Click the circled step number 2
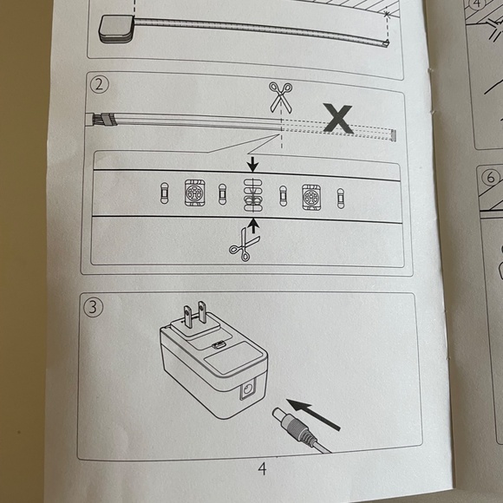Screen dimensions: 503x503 (x=99, y=84)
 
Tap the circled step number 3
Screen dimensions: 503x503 (x=93, y=307)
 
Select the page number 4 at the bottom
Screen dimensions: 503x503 (x=262, y=468)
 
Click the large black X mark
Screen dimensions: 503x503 (x=338, y=118)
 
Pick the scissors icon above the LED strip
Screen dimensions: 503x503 (x=281, y=97)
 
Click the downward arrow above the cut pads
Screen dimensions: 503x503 (x=253, y=164)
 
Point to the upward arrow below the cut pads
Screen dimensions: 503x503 (x=254, y=225)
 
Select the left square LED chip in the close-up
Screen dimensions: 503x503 (x=195, y=193)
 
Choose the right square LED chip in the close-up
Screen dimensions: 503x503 (x=311, y=197)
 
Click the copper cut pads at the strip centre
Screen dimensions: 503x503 (x=253, y=195)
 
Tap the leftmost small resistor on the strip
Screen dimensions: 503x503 (x=164, y=193)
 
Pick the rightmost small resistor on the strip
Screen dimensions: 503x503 (x=341, y=199)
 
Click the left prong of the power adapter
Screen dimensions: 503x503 (x=187, y=317)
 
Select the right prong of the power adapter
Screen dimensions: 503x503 (x=202, y=312)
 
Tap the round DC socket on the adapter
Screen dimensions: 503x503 (x=247, y=390)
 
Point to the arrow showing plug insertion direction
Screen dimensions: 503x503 (x=313, y=415)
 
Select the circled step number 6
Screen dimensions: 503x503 (x=491, y=177)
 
